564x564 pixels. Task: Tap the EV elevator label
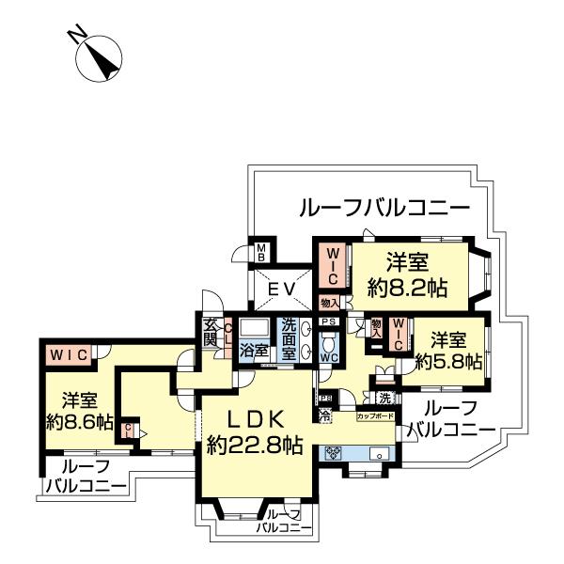pos(281,290)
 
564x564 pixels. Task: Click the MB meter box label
pos(263,253)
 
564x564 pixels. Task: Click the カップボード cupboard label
pos(374,414)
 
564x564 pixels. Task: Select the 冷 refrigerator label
pos(325,413)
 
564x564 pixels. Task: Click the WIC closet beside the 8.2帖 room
pos(334,266)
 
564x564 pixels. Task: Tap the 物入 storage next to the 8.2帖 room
pos(328,303)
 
